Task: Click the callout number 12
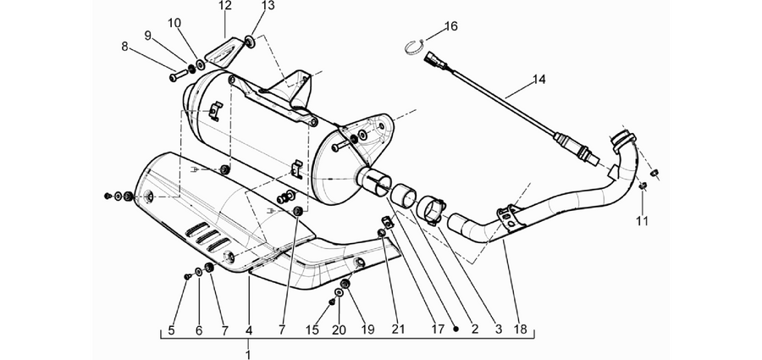pyautogui.click(x=225, y=6)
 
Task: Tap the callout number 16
pyautogui.click(x=451, y=25)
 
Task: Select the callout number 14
pyautogui.click(x=539, y=80)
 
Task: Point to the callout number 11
pyautogui.click(x=642, y=221)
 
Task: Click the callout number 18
pyautogui.click(x=520, y=330)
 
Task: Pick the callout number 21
pyautogui.click(x=398, y=330)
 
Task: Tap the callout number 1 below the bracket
pyautogui.click(x=248, y=354)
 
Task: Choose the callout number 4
pyautogui.click(x=249, y=330)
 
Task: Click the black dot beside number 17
pyautogui.click(x=456, y=330)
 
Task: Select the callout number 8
pyautogui.click(x=125, y=47)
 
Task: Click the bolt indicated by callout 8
pyautogui.click(x=178, y=76)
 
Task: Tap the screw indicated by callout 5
pyautogui.click(x=188, y=276)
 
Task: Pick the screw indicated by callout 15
pyautogui.click(x=332, y=302)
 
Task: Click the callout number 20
pyautogui.click(x=339, y=330)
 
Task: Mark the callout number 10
pyautogui.click(x=174, y=23)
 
